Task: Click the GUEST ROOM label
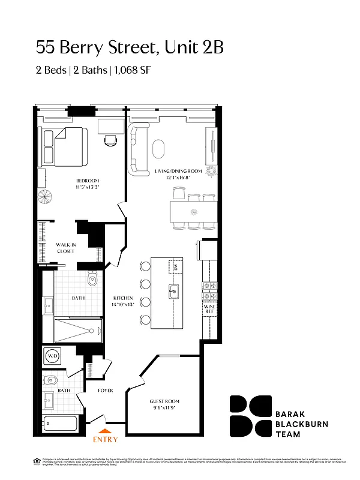tap(164, 404)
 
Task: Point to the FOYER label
tap(106, 390)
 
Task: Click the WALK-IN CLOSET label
tap(65, 248)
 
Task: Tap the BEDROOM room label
tap(87, 184)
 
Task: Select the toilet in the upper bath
tap(92, 280)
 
